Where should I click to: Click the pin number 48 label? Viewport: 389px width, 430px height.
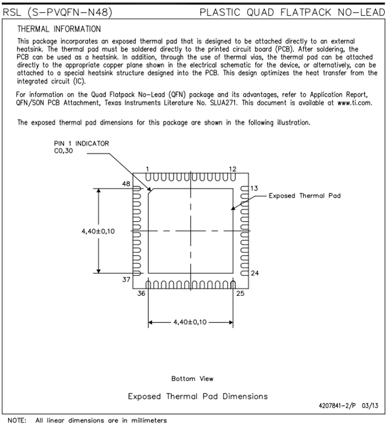(x=126, y=184)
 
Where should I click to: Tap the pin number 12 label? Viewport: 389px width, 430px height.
(x=232, y=169)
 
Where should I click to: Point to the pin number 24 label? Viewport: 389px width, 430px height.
(x=254, y=273)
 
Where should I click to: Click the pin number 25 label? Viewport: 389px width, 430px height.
(x=240, y=292)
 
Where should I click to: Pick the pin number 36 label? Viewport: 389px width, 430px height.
(x=142, y=292)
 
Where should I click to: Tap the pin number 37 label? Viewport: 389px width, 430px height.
(x=126, y=280)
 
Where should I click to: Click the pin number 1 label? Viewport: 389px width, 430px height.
(x=147, y=169)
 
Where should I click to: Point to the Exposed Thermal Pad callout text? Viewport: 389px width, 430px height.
(x=305, y=196)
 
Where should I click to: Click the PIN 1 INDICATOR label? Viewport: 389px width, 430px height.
(x=81, y=143)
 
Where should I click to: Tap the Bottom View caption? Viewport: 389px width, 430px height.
(x=192, y=378)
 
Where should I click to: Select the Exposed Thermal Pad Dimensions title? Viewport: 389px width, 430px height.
(x=198, y=396)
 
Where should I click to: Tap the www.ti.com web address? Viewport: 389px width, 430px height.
(x=355, y=102)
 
